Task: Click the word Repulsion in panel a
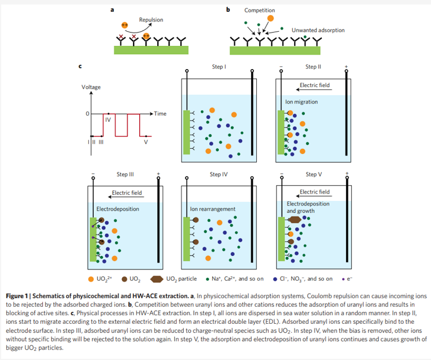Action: click(151, 20)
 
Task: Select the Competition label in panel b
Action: click(260, 10)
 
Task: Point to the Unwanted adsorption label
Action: click(318, 30)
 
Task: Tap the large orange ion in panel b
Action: click(270, 18)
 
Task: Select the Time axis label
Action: click(160, 114)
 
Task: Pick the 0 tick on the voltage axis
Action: click(87, 114)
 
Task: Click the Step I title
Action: click(219, 67)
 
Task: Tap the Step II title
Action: click(313, 67)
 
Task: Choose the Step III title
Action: click(125, 174)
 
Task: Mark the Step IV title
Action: click(219, 174)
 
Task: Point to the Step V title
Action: click(313, 174)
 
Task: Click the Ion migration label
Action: click(301, 102)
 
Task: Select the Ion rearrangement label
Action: click(213, 209)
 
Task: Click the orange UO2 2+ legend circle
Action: click(92, 279)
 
